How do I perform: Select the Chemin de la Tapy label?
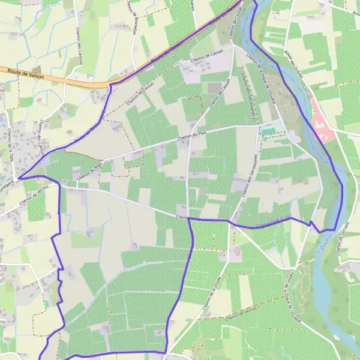[12, 144]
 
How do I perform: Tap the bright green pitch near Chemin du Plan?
[268, 131]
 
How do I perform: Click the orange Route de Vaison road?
[60, 77]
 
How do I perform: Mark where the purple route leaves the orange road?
[111, 85]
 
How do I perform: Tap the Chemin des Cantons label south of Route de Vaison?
[41, 137]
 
